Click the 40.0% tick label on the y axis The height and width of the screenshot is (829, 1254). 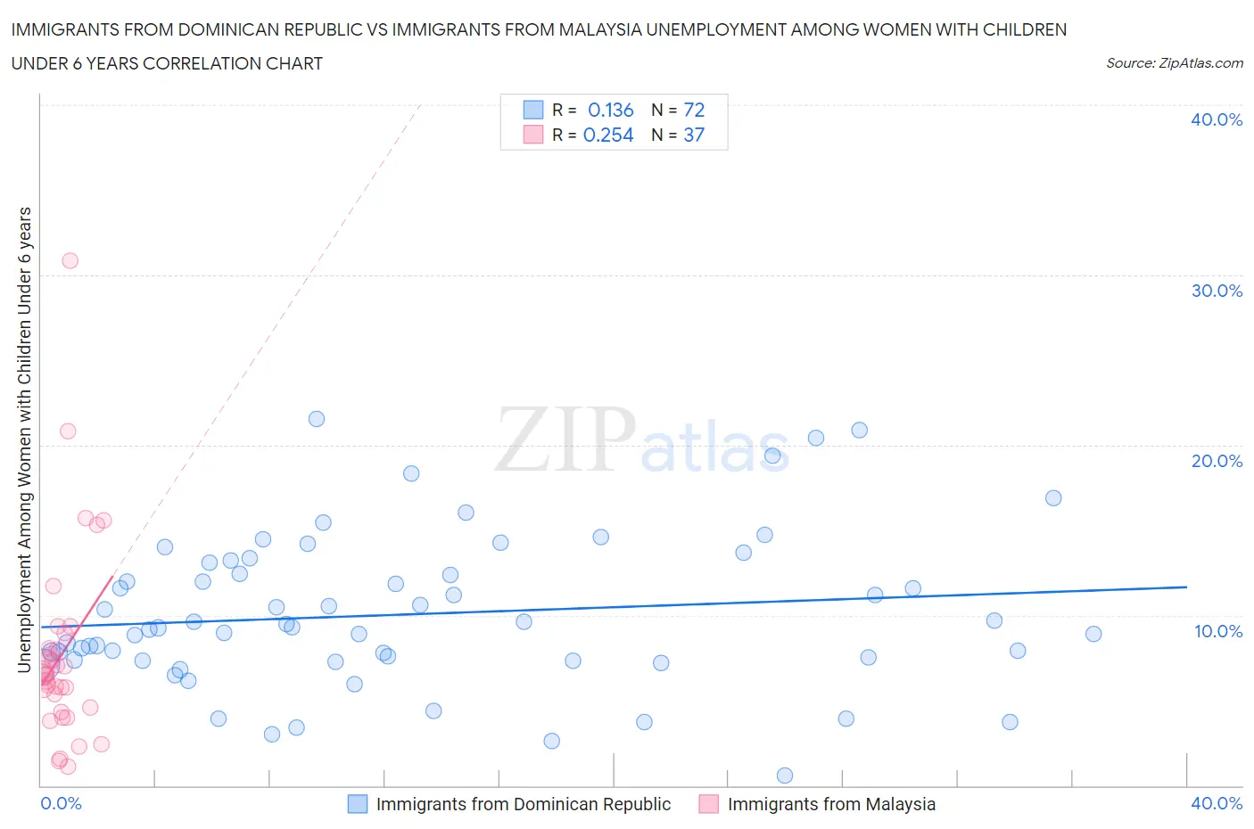point(1217,119)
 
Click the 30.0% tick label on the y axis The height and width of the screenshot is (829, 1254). point(1217,291)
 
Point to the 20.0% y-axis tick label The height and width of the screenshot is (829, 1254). point(1217,461)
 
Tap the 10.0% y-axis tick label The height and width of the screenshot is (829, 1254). point(1217,631)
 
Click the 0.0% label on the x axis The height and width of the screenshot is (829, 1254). point(61,803)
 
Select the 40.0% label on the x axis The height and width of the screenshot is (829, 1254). point(1217,803)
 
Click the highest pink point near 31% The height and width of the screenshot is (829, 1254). point(70,260)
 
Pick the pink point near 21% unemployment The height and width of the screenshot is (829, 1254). point(68,431)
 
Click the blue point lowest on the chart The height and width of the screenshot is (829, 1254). point(785,776)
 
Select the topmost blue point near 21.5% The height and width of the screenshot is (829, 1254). point(317,419)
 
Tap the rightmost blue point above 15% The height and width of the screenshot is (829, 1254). point(1053,498)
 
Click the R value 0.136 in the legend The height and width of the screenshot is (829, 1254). point(610,110)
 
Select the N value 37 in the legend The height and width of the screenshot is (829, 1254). point(694,135)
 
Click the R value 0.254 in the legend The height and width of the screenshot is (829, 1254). point(608,135)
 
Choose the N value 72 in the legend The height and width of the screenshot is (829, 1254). point(694,110)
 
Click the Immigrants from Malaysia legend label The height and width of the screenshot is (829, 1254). point(831,804)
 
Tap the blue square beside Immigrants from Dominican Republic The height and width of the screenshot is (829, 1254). point(358,804)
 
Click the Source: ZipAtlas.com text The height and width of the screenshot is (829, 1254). point(1174,63)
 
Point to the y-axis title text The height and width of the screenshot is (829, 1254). point(25,439)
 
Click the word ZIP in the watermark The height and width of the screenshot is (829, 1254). point(565,439)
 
